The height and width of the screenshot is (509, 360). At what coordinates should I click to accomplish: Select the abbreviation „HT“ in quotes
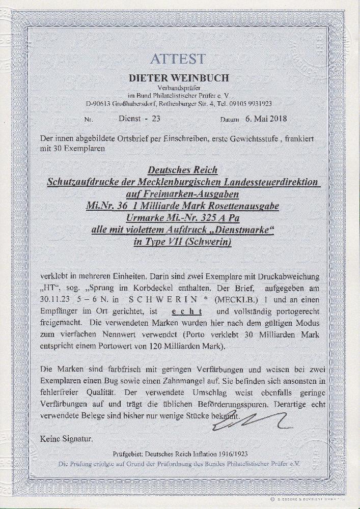click(48, 288)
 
